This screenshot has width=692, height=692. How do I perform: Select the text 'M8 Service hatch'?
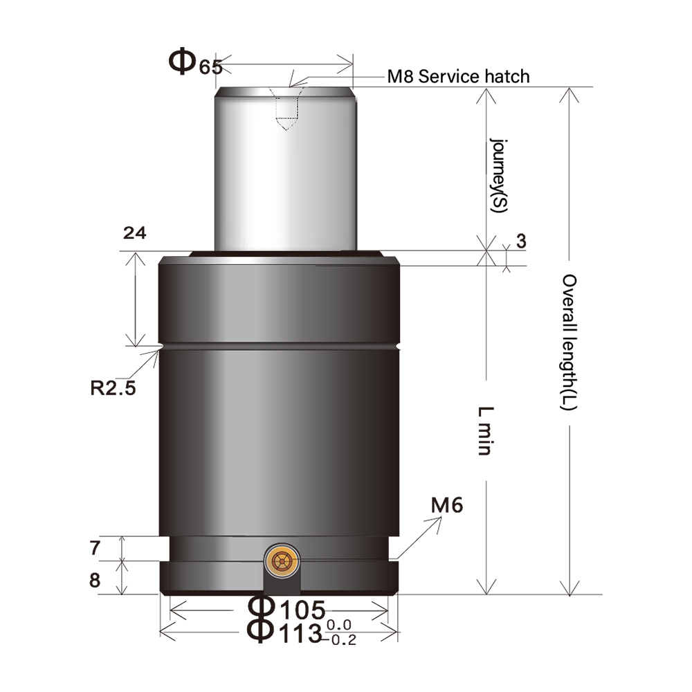point(458,76)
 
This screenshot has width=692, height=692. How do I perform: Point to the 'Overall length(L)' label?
point(569,342)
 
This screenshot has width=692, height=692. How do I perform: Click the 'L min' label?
point(484,430)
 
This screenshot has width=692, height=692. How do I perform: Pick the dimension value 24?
point(134,234)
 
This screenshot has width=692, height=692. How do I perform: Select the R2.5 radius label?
point(113,387)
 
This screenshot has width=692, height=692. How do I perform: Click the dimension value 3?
point(521,241)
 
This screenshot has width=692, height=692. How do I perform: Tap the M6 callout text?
point(446,506)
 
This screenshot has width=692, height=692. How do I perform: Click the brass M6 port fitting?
point(282,561)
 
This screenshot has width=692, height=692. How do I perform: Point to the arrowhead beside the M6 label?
point(438,520)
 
